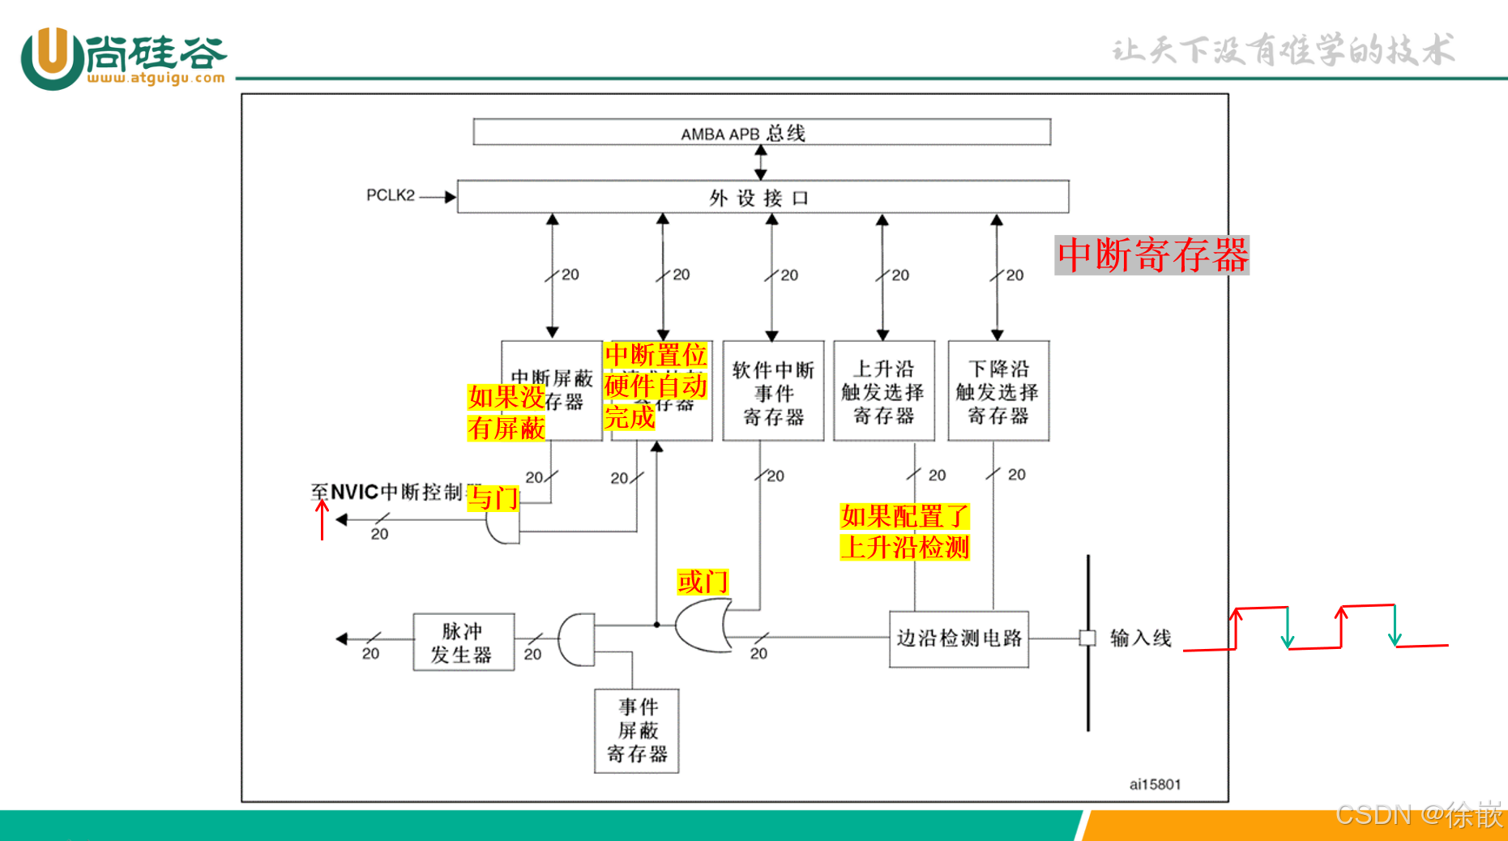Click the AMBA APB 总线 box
[762, 132]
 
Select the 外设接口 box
[762, 197]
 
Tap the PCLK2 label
[390, 195]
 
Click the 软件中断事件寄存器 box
[773, 392]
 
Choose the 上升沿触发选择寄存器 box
[883, 392]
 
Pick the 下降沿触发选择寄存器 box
[998, 392]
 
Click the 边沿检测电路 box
[959, 638]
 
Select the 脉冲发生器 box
[463, 642]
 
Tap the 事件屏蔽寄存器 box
[636, 731]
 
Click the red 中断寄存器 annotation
[1151, 255]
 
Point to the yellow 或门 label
[703, 581]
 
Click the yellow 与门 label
[493, 497]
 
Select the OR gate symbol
[703, 625]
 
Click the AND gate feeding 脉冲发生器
[576, 640]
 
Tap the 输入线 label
[1140, 638]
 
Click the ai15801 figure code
[1155, 784]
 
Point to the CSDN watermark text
[1418, 814]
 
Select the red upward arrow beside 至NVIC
[323, 519]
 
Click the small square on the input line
[1087, 638]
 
